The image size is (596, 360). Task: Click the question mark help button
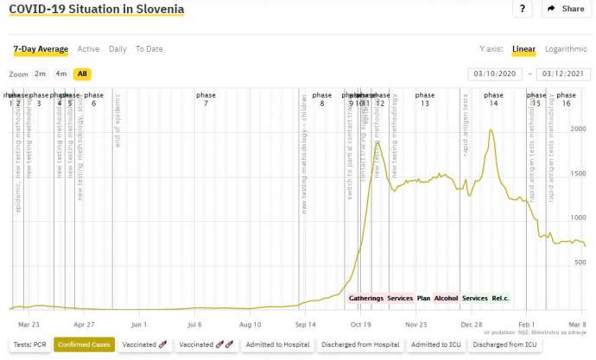click(x=522, y=9)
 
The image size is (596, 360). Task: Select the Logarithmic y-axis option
click(x=566, y=49)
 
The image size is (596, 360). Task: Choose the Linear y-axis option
click(x=523, y=49)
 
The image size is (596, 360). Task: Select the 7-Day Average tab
click(x=41, y=49)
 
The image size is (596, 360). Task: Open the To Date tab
click(x=149, y=49)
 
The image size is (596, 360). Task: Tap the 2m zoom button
click(x=41, y=74)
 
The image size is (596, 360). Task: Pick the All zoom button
click(x=82, y=74)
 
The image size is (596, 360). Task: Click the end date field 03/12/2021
click(x=563, y=74)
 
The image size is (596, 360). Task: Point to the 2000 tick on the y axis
click(x=577, y=129)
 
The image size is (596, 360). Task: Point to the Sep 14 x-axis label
click(x=306, y=325)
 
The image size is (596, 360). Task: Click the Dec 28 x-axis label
click(x=471, y=325)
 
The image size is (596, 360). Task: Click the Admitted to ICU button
click(x=435, y=344)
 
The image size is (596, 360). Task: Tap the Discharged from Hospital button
click(x=360, y=344)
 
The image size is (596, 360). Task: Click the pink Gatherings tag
click(x=366, y=298)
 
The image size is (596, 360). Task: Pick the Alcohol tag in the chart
click(x=446, y=298)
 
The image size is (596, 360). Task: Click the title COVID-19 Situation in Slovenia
click(x=96, y=9)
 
